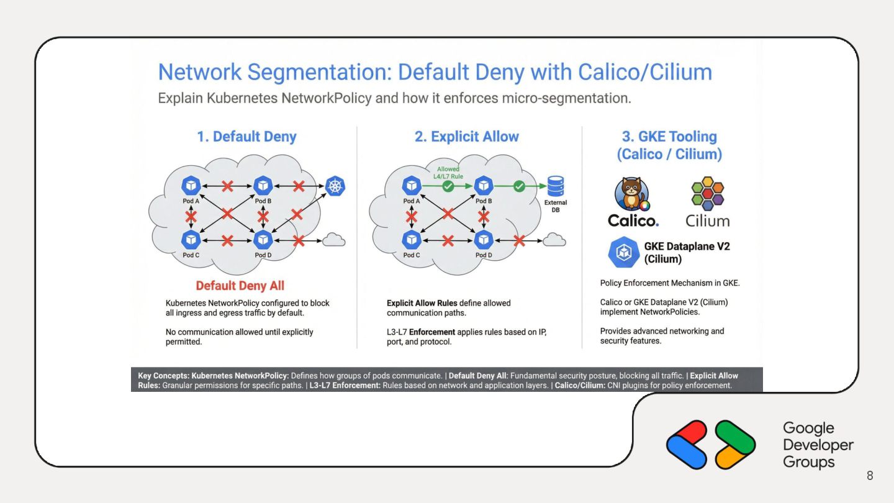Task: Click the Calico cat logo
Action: tap(632, 194)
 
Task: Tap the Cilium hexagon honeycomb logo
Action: tap(708, 193)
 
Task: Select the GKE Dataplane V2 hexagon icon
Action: tap(623, 252)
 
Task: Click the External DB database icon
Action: tap(555, 186)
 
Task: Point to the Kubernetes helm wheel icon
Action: tap(335, 186)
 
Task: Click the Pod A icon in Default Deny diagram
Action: tap(191, 185)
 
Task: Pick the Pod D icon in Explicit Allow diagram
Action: tap(484, 239)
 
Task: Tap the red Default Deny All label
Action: tap(240, 286)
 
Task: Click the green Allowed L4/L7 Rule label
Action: tap(448, 172)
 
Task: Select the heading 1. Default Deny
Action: tap(246, 137)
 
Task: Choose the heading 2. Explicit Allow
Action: tap(467, 137)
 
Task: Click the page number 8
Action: tap(870, 476)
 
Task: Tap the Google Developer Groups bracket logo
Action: tap(711, 445)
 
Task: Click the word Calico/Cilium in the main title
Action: tap(645, 73)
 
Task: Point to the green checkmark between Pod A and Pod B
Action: tap(448, 185)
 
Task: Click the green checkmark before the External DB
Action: tap(519, 185)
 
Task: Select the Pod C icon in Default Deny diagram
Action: tap(191, 239)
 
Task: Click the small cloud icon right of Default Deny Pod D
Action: tap(334, 240)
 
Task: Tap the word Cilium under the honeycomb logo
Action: tap(707, 221)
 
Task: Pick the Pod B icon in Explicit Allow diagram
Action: tap(484, 185)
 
